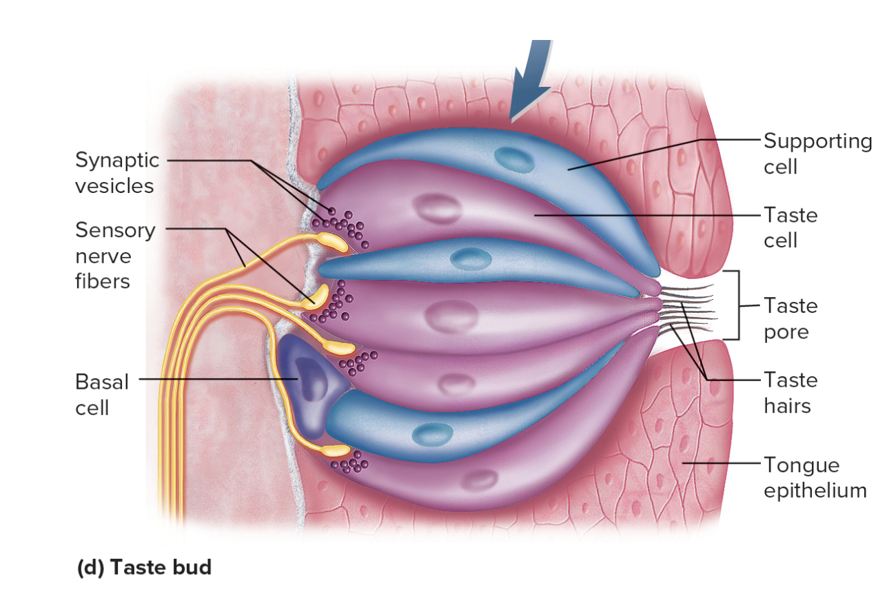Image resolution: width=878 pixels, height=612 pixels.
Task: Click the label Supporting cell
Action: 817,153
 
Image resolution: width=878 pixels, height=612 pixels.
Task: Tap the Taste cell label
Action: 790,227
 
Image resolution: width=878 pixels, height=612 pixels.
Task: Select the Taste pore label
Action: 790,318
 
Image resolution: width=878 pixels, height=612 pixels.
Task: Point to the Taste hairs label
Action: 790,392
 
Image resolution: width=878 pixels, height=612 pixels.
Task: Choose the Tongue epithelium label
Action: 814,477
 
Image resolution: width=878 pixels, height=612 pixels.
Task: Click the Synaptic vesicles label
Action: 116,173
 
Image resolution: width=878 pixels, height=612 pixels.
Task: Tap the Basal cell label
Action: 101,395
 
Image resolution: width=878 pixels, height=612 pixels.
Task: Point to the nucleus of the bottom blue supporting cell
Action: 432,434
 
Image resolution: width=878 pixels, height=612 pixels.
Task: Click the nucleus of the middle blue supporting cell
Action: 471,259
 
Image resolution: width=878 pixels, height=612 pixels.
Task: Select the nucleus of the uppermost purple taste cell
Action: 433,207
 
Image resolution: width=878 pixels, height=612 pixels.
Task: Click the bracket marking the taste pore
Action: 738,305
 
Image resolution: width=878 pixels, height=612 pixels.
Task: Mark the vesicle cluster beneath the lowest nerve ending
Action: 349,464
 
